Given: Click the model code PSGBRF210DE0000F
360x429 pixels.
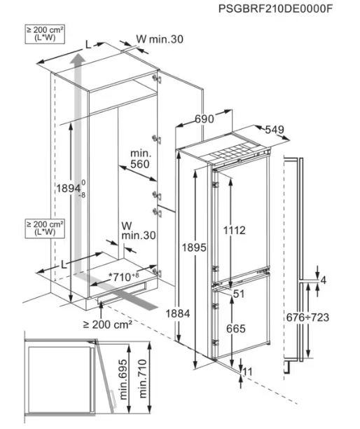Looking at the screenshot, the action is [275, 8].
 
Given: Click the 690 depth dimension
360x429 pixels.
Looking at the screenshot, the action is [205, 119].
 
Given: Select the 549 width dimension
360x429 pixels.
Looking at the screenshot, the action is [275, 130].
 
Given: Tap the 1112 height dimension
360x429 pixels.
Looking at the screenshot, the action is [235, 231].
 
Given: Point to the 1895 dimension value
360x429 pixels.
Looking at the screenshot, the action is [194, 247].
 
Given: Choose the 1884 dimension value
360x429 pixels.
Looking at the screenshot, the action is [178, 313].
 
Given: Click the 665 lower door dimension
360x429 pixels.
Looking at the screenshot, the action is [236, 329].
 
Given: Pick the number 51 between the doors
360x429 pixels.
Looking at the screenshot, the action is [238, 294].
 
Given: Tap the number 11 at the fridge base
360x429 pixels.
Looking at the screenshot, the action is [247, 372].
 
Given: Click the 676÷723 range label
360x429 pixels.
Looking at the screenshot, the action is [307, 318].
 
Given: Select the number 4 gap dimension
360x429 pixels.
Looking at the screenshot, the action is [324, 280].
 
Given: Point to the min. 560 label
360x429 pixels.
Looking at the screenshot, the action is [140, 158].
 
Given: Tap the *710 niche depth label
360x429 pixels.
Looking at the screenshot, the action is [124, 277].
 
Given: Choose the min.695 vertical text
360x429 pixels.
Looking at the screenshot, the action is [123, 379].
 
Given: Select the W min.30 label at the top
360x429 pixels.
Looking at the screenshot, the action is [160, 39].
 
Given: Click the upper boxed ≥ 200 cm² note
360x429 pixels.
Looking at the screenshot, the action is [45, 34].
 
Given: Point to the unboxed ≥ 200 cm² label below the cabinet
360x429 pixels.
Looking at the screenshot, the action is [108, 325].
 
